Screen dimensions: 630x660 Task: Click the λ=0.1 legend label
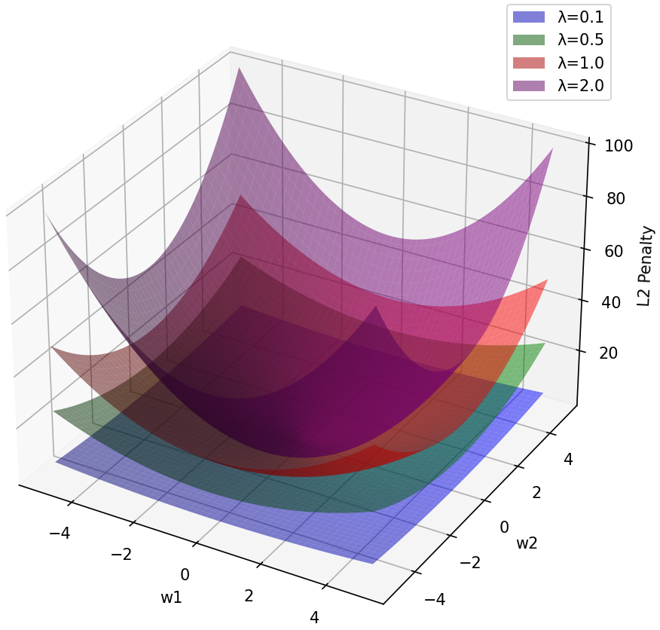pyautogui.click(x=580, y=16)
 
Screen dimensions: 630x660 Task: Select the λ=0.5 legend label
pyautogui.click(x=580, y=39)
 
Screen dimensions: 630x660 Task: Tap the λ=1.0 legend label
pyautogui.click(x=580, y=63)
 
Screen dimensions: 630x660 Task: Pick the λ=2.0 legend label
pyautogui.click(x=580, y=86)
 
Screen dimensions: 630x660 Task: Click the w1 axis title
pyautogui.click(x=171, y=598)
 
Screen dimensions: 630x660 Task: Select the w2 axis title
pyautogui.click(x=527, y=543)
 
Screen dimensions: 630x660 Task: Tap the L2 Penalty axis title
pyautogui.click(x=645, y=265)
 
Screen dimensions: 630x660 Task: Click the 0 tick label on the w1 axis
pyautogui.click(x=185, y=575)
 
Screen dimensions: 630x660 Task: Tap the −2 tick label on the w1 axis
pyautogui.click(x=121, y=554)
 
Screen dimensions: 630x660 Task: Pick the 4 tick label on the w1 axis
pyautogui.click(x=314, y=617)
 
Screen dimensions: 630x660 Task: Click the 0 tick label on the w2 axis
pyautogui.click(x=506, y=526)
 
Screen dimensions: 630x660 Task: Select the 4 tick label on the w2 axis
pyautogui.click(x=567, y=459)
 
